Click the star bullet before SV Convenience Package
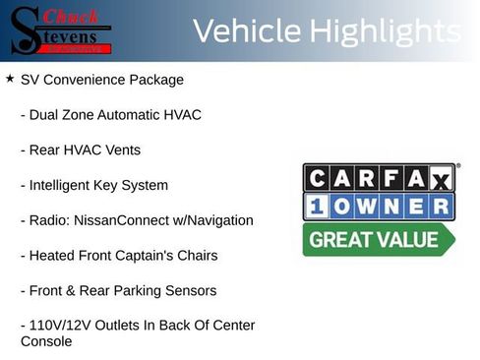pyautogui.click(x=9, y=78)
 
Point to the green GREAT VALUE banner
pyautogui.click(x=377, y=239)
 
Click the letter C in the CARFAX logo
pyautogui.click(x=318, y=178)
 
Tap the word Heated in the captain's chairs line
pyautogui.click(x=53, y=256)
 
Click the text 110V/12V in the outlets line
pyautogui.click(x=61, y=326)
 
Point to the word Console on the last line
pyautogui.click(x=46, y=341)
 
